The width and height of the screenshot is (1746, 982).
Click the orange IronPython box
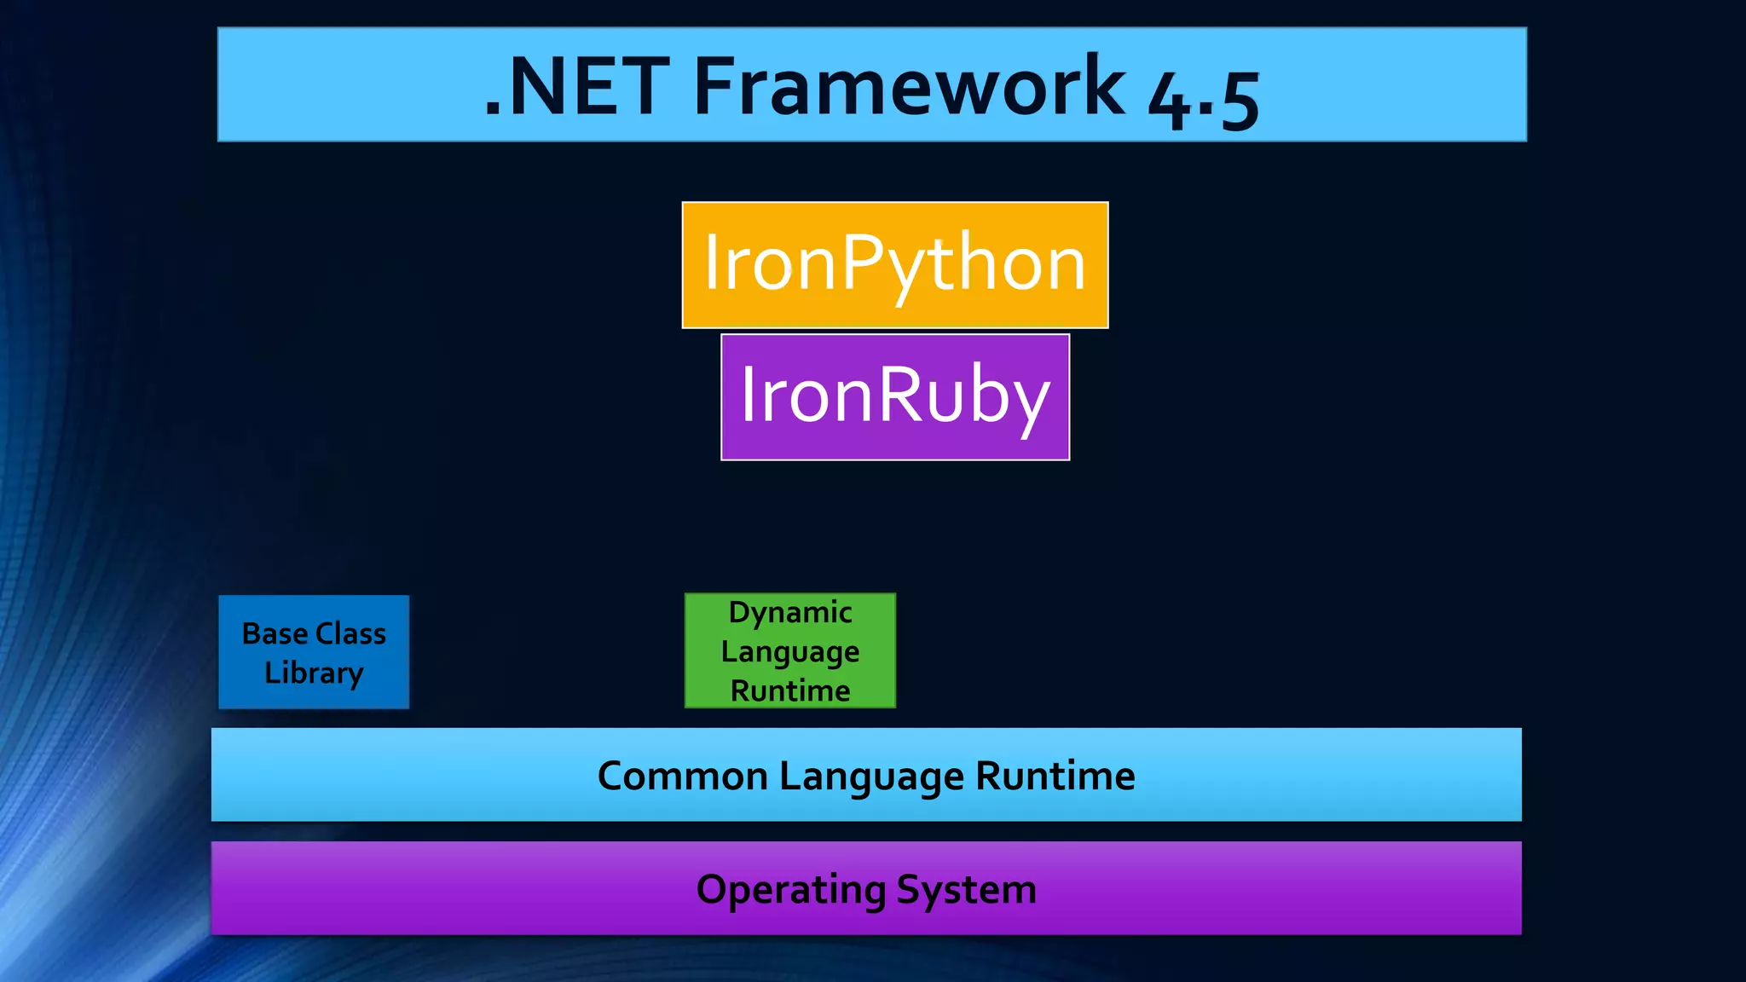894,265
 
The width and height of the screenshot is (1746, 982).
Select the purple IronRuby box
894,397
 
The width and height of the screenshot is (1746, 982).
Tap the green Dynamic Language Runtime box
789,650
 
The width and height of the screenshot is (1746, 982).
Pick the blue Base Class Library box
314,652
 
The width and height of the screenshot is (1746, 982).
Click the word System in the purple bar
966,890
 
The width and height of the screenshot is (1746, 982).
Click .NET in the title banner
577,87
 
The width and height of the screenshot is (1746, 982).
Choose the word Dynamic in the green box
789,612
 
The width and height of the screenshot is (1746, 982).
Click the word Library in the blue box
314,673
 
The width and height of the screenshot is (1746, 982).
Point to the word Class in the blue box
350,633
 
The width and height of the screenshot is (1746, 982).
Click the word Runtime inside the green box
789,690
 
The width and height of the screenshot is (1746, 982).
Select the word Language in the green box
789,652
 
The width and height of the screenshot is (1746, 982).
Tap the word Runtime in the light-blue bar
1055,776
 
